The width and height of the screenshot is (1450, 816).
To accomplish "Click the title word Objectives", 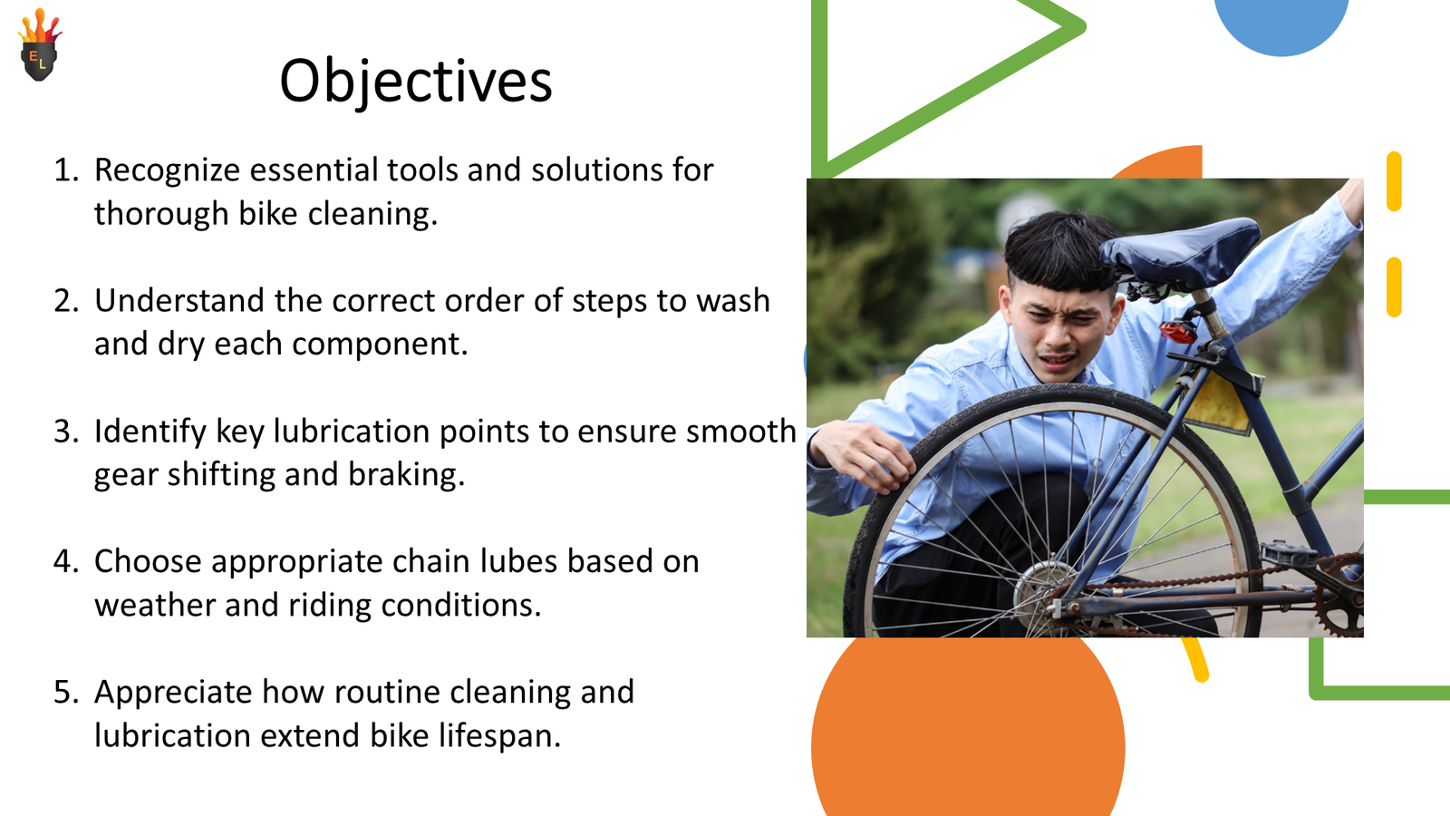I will (x=415, y=82).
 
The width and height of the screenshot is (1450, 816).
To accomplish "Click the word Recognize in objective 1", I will (x=167, y=170).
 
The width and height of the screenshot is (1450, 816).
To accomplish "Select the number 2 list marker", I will (x=66, y=301).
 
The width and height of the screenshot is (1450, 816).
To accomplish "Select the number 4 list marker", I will (x=66, y=562).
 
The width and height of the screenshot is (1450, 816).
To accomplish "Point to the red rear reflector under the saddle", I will (x=1177, y=331).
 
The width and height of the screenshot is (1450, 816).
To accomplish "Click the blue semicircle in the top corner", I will (x=1281, y=23).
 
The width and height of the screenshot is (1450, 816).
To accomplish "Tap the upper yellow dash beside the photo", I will (x=1394, y=181).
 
